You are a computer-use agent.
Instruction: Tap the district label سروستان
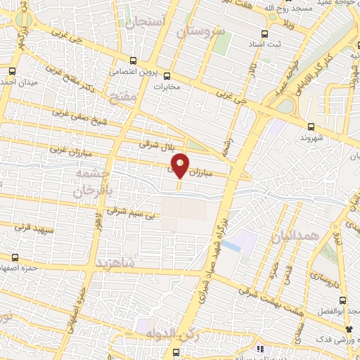point(200,32)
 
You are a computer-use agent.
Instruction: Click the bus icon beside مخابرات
point(167,77)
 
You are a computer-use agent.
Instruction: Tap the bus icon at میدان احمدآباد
point(12,70)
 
